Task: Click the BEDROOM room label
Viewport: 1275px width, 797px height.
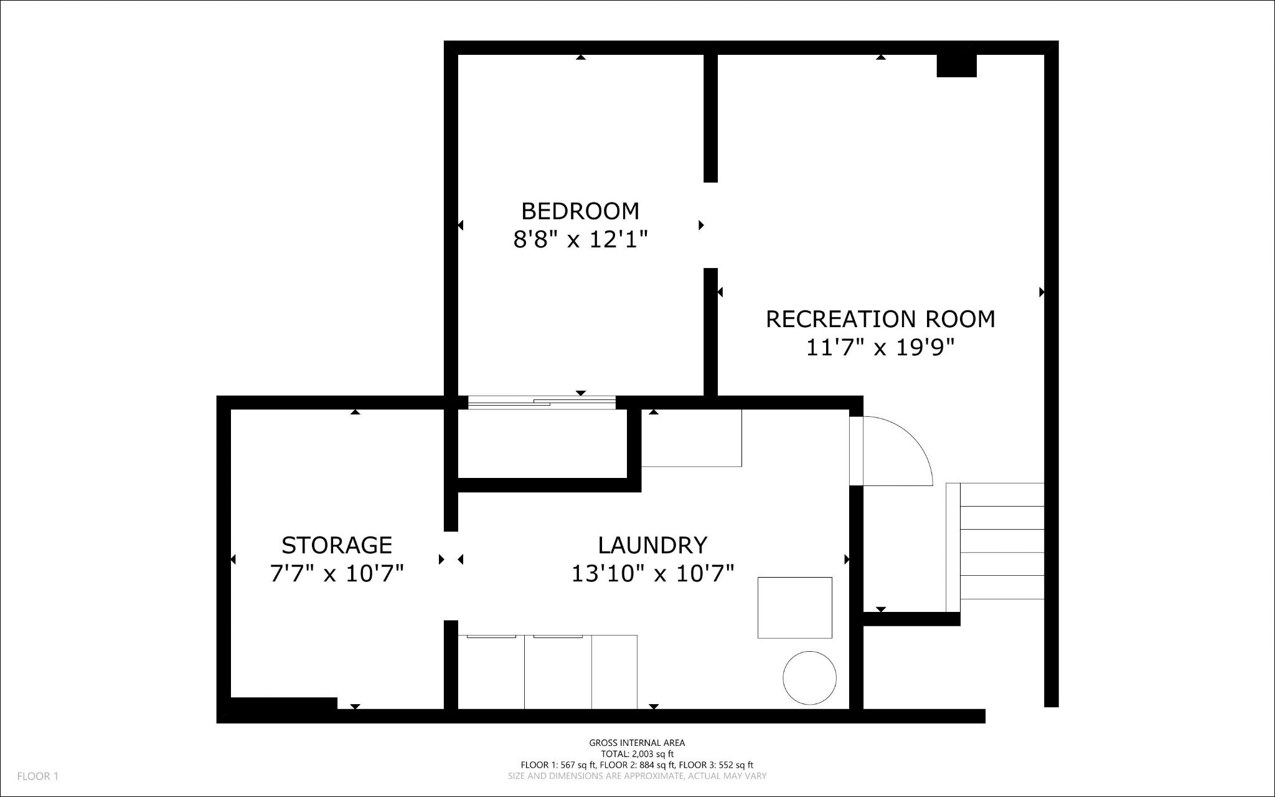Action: pos(580,211)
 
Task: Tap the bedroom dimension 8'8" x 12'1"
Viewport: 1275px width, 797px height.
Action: pos(580,239)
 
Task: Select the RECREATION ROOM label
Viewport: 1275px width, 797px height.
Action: pos(880,319)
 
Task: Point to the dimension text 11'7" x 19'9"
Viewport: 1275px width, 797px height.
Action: pos(880,347)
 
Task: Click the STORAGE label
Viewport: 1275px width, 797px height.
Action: pos(337,545)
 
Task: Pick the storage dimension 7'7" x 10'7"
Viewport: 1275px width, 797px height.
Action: pos(337,573)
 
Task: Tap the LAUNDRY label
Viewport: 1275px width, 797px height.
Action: pos(652,545)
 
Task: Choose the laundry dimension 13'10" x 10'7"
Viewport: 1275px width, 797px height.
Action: pos(652,573)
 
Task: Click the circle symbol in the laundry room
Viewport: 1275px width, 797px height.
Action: pos(809,678)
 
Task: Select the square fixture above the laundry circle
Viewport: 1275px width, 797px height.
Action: pos(794,608)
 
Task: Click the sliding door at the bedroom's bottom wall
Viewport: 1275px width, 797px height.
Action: pos(542,403)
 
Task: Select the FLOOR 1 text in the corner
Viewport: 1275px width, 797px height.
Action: pos(37,776)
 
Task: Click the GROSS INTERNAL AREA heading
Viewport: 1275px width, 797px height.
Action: pos(637,743)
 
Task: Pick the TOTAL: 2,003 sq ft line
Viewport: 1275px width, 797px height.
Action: pos(637,754)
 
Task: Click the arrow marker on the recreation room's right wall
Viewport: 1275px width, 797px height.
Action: pos(1042,292)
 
